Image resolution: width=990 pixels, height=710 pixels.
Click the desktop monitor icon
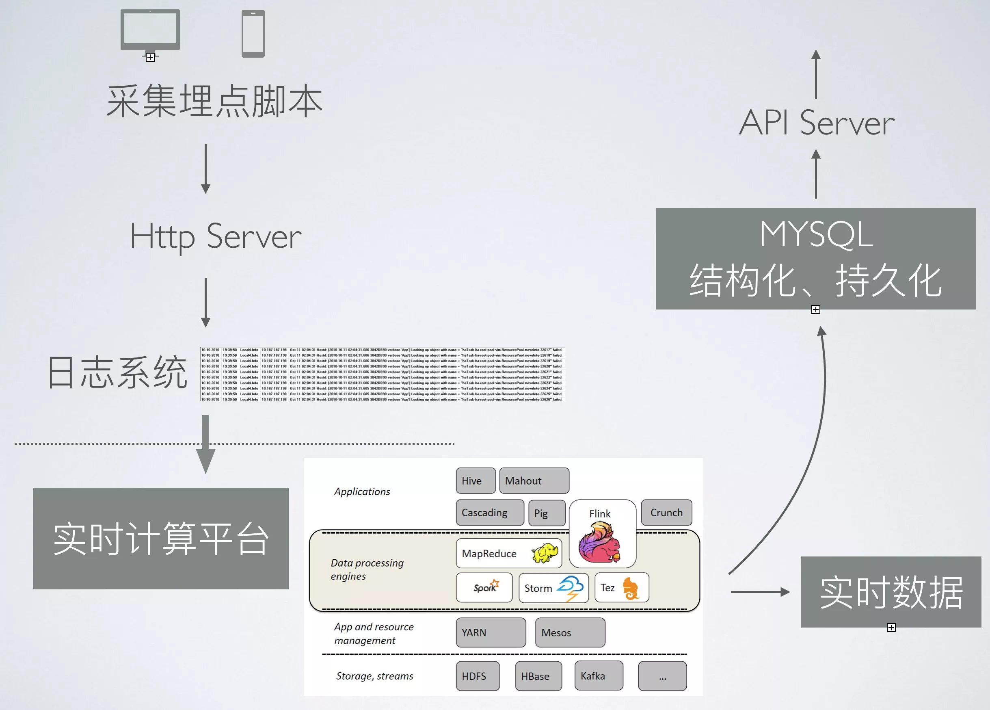[x=150, y=30]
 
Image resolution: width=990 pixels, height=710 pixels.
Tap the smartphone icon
[x=253, y=34]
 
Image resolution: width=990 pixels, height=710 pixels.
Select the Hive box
[x=476, y=481]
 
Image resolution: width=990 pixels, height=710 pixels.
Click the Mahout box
[x=534, y=481]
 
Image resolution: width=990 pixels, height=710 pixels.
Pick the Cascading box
[x=490, y=513]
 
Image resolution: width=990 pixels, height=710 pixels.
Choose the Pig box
[x=547, y=513]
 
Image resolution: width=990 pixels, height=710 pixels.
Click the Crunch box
[x=666, y=513]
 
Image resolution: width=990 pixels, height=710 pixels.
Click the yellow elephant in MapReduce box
[x=545, y=553]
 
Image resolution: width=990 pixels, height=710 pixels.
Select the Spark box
[x=484, y=588]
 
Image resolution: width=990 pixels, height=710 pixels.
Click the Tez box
[x=621, y=588]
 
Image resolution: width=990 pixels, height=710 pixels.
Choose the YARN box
[x=491, y=632]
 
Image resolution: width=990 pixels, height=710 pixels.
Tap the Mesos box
[x=570, y=632]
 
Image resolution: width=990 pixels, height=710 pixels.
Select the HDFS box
[x=478, y=676]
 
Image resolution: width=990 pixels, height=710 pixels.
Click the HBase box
[x=538, y=676]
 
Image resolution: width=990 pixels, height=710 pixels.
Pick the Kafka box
[x=599, y=675]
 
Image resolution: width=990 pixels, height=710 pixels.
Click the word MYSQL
[x=816, y=234]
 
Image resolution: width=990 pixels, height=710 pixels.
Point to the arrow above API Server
[x=816, y=74]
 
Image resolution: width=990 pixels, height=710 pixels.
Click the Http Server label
[x=216, y=237]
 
